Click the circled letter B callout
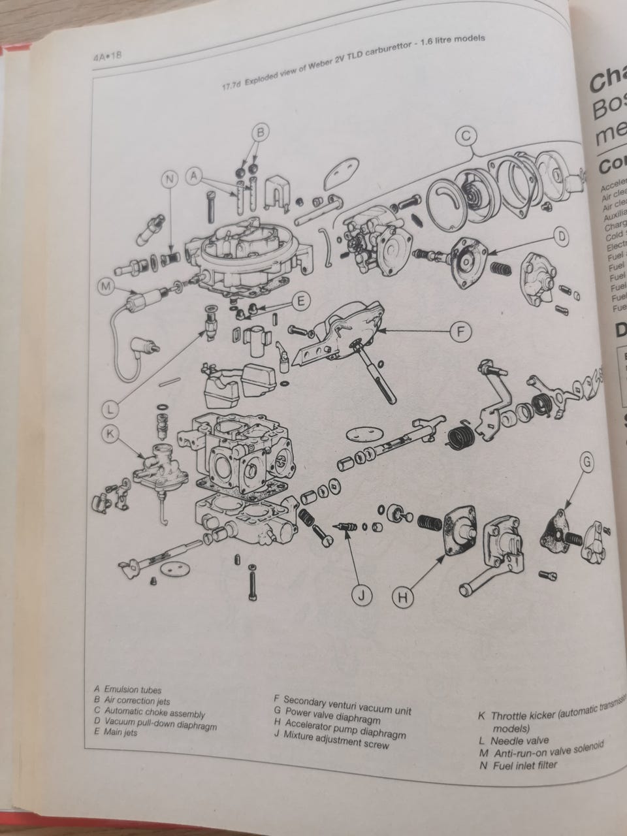pos(260,133)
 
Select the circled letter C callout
pos(466,136)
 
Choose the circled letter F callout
pos(461,332)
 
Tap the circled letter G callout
pos(588,462)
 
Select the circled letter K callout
pos(112,433)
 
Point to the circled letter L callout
pos(112,408)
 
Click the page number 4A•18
pos(108,57)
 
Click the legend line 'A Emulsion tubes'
pos(128,689)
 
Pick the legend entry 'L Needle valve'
pos(513,741)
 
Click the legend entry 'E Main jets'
pos(116,732)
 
